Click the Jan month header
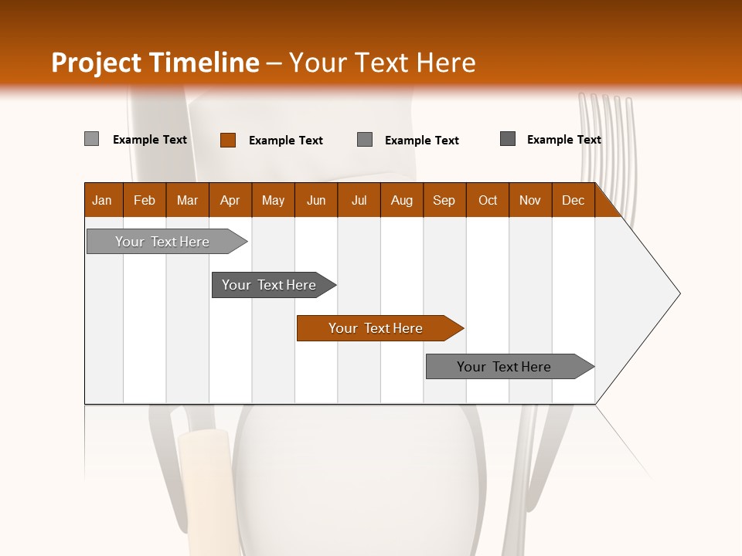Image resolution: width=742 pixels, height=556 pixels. [103, 200]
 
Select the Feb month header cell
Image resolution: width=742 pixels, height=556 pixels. [145, 200]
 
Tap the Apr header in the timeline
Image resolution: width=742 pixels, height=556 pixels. [230, 200]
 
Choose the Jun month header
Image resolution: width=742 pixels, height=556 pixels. [315, 200]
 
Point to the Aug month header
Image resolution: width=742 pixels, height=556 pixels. [401, 200]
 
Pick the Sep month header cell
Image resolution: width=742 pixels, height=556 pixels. [444, 200]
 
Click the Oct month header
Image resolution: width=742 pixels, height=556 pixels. [487, 200]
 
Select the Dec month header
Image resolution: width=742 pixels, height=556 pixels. [573, 200]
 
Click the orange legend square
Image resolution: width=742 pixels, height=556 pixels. [228, 140]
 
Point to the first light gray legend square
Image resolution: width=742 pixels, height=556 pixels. [92, 139]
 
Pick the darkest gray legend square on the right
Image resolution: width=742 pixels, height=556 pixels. [508, 139]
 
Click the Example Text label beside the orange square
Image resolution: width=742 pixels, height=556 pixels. [285, 141]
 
